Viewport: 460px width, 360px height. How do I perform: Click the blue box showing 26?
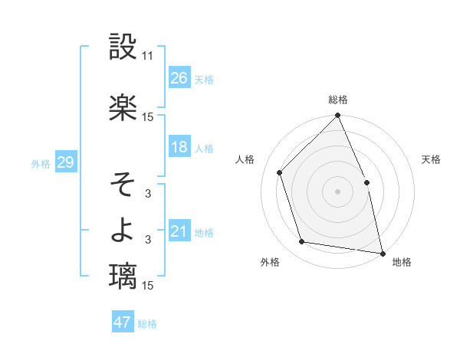coord(179,78)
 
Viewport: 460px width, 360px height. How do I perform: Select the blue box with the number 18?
coord(179,147)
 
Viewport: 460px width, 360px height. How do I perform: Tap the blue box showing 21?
coord(179,231)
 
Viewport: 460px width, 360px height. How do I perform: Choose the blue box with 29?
coord(65,162)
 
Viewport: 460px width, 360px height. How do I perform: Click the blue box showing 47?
coord(123,322)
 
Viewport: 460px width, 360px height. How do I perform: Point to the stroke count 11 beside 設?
coord(148,56)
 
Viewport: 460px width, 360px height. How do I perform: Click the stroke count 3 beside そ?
coord(148,194)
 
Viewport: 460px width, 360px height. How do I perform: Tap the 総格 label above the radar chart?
coord(338,100)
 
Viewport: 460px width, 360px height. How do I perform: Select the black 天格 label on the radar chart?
coord(431,159)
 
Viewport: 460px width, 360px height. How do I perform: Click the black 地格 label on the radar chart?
coord(402,262)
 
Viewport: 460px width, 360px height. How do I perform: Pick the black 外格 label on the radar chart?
coord(270,262)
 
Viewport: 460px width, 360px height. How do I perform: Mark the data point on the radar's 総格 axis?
coord(338,116)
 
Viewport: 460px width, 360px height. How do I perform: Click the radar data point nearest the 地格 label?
coord(382,252)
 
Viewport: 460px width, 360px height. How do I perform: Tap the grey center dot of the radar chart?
coord(338,191)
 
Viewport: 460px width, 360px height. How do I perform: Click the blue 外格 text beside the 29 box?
coord(41,163)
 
